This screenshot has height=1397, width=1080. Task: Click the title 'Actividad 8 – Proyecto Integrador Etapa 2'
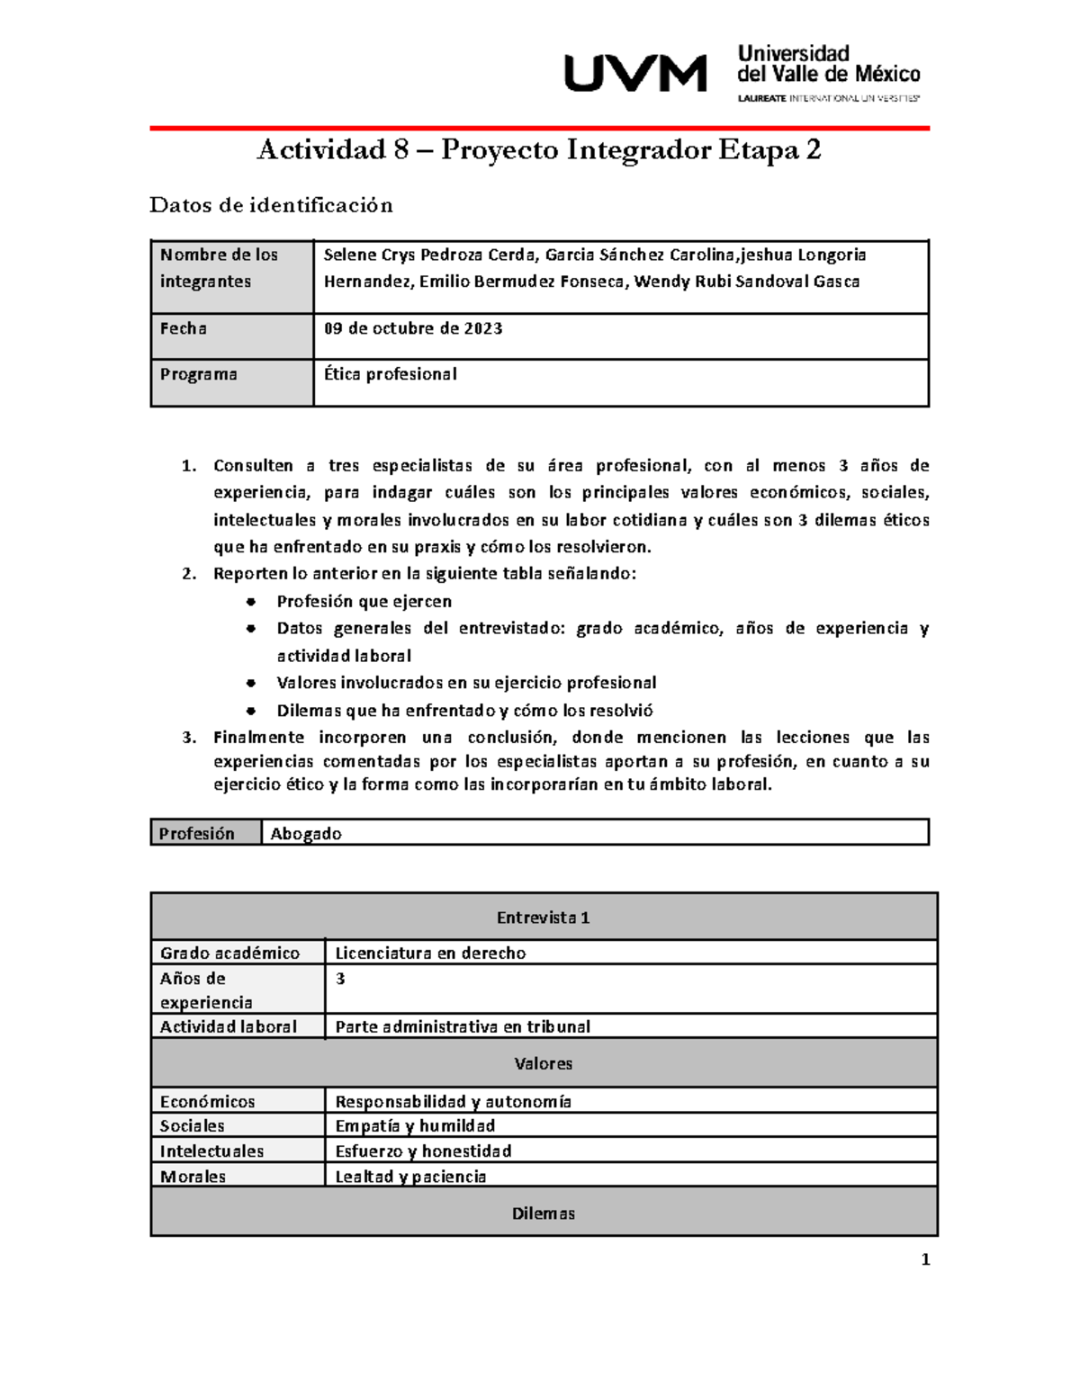538,149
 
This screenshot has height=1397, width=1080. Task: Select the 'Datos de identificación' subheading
271,205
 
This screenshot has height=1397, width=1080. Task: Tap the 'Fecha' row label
184,328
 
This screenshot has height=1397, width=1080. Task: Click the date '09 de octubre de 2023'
413,328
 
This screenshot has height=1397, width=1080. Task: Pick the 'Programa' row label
199,374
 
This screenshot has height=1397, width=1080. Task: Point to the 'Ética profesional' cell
391,374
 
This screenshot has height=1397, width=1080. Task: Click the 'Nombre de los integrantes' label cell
219,268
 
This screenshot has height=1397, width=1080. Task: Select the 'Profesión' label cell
196,834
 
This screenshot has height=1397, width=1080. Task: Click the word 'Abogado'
306,834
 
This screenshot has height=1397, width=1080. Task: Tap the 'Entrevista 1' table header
543,918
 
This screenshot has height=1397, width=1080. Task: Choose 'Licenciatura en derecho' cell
430,953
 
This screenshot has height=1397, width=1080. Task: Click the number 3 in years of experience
340,979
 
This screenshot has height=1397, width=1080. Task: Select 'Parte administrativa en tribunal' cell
463,1026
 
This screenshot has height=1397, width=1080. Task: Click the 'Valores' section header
543,1063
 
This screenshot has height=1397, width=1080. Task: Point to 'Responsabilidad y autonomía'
453,1101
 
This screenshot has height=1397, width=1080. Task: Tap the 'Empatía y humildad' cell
415,1125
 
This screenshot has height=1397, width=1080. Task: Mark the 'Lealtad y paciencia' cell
410,1177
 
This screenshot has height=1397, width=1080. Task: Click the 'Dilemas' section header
543,1213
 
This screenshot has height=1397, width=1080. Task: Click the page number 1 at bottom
925,1259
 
